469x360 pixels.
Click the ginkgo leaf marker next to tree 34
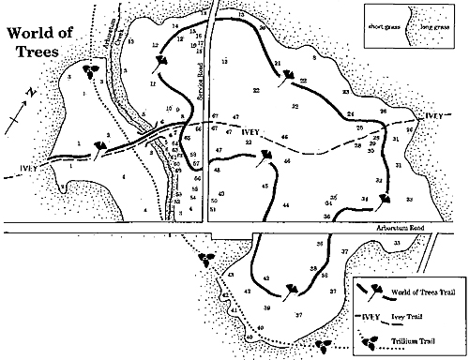click(385, 198)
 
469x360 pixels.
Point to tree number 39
click(266, 307)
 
